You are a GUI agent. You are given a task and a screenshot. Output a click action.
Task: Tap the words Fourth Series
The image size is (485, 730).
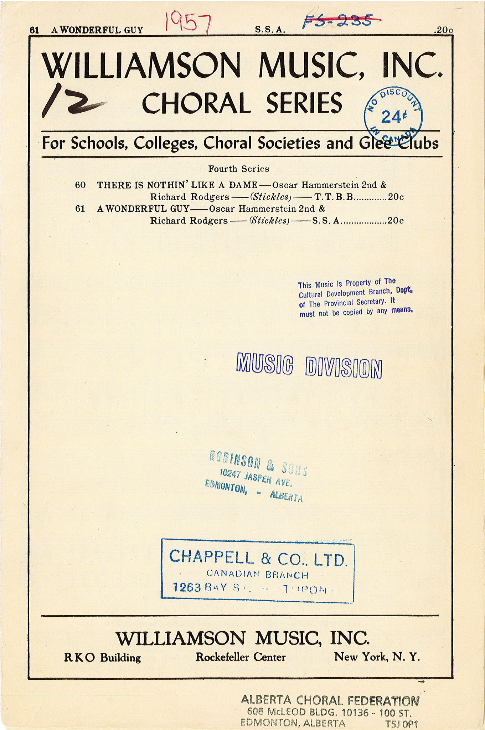238,168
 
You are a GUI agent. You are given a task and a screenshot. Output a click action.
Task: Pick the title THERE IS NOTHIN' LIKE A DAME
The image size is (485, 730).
177,185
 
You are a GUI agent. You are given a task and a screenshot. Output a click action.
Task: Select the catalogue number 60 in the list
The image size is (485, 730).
80,185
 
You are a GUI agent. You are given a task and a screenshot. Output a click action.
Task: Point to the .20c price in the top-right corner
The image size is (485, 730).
443,31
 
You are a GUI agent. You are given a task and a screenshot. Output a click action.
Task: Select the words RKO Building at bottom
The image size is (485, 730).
103,657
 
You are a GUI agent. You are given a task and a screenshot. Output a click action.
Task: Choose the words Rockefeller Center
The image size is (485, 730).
241,657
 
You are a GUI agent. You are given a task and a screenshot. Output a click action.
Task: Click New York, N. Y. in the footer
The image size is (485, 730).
377,657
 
